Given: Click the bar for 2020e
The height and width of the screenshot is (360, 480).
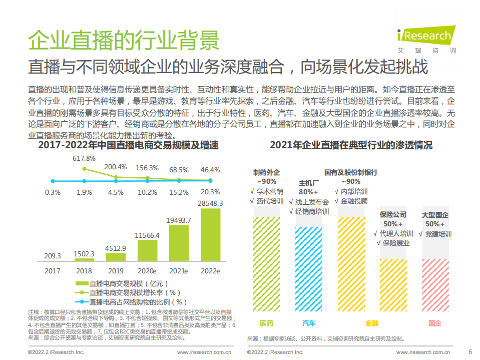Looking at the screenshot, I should (x=147, y=251).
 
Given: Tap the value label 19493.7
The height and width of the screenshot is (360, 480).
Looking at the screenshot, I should (x=179, y=220).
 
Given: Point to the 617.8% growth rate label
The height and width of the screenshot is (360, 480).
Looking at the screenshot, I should (x=84, y=158).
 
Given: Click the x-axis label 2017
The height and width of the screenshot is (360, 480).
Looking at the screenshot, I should (x=53, y=271).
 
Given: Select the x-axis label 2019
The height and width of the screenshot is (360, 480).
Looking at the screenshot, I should (x=116, y=271).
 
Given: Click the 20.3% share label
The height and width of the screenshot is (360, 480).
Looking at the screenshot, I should (x=210, y=192).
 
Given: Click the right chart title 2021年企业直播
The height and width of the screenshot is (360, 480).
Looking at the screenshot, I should (x=351, y=146).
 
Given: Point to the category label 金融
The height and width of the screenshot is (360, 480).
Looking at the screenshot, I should (x=372, y=323).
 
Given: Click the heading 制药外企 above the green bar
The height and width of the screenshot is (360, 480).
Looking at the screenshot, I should (x=267, y=172).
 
